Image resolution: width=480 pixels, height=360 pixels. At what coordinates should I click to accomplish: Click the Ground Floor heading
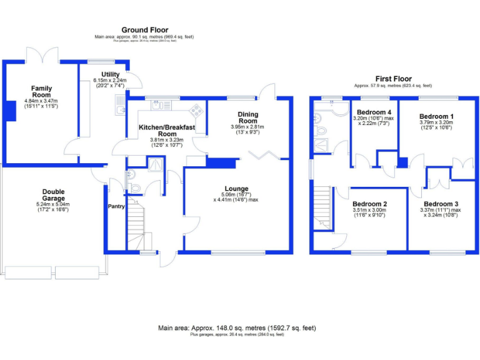pos(144,29)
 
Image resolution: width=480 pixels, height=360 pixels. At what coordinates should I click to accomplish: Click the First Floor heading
pos(392,79)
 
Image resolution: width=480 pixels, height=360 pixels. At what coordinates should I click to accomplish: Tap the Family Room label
pos(42,91)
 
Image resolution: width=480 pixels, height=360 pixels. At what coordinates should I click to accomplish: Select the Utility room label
pos(110,75)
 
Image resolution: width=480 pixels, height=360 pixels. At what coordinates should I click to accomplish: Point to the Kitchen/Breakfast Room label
pos(166,130)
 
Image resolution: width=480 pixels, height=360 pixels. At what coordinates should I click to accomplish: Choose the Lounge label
pos(236,188)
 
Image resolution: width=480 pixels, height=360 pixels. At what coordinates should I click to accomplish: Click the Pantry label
pos(116,206)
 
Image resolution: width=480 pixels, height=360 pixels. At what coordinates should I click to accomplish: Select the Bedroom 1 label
pos(436,116)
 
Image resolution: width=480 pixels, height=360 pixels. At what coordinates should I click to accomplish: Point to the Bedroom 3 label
pos(441,204)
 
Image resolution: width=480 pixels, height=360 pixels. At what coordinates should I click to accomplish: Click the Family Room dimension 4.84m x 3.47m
pos(41,101)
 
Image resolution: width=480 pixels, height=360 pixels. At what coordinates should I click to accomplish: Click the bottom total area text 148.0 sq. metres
pos(237,327)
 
